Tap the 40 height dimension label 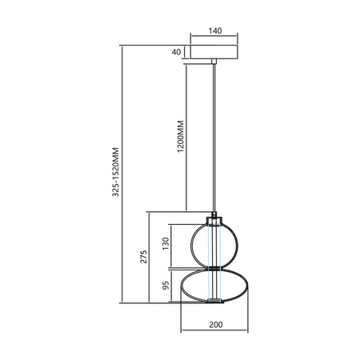click(x=177, y=53)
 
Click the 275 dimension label click(x=143, y=256)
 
